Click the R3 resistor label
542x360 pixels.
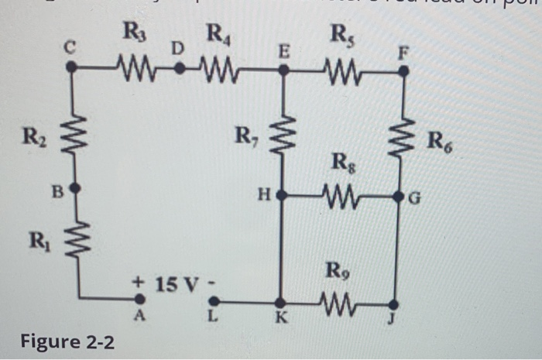pyautogui.click(x=133, y=33)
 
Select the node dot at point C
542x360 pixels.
pyautogui.click(x=71, y=67)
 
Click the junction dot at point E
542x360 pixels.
pyautogui.click(x=283, y=70)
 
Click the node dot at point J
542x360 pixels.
pyautogui.click(x=394, y=303)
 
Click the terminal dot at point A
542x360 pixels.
pyautogui.click(x=140, y=298)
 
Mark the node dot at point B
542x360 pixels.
pyautogui.click(x=74, y=188)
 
